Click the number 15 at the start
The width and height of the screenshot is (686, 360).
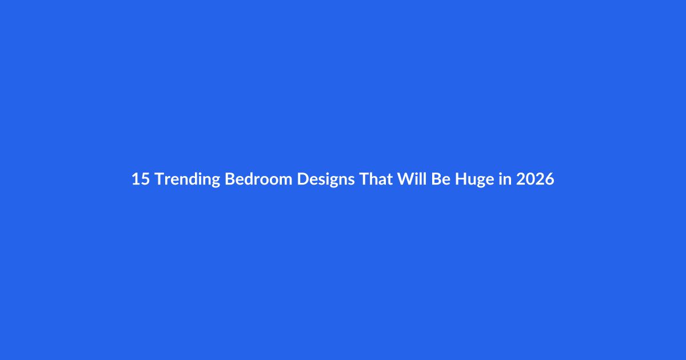[x=141, y=179]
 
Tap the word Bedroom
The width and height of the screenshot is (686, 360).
[x=258, y=178]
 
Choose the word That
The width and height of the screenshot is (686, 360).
[x=376, y=178]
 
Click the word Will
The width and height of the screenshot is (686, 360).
[x=412, y=178]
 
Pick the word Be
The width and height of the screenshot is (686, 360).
[x=441, y=179]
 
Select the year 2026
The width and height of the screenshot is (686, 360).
[x=535, y=179]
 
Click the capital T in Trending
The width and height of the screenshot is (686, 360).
[x=160, y=179]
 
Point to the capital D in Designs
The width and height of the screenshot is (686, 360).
[x=303, y=179]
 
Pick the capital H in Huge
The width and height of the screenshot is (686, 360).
[x=461, y=179]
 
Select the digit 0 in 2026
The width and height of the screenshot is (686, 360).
[x=531, y=179]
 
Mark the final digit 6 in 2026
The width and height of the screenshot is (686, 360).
[x=550, y=179]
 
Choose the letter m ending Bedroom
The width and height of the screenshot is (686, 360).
[x=285, y=181]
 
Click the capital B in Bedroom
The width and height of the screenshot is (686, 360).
[x=230, y=179]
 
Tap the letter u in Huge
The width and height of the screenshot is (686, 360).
[x=473, y=181]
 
